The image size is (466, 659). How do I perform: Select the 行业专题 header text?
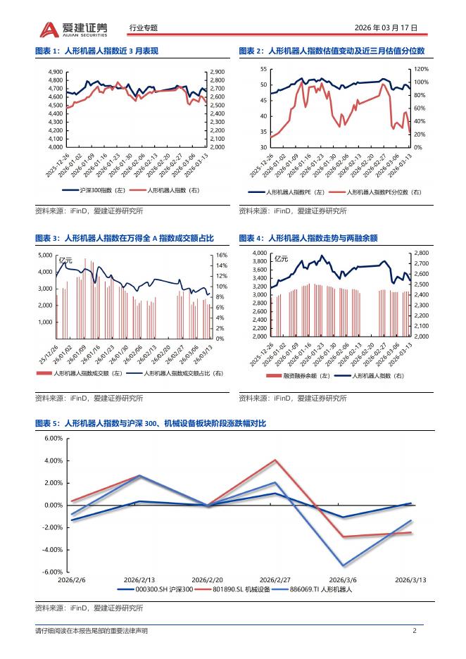point(144,28)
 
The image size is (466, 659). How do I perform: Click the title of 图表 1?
point(97,51)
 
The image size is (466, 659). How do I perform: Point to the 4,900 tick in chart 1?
point(56,72)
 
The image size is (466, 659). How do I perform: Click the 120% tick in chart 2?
point(420,69)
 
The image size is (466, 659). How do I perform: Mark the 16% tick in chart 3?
point(220,256)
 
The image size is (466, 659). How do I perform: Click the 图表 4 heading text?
point(308,238)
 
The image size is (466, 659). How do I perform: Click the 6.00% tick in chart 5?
point(53,438)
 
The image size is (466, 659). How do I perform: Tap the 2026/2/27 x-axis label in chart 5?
point(275,579)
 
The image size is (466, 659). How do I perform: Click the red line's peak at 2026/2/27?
point(275,460)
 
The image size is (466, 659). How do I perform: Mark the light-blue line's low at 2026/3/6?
point(344,565)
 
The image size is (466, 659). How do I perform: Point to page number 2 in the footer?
point(415,631)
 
